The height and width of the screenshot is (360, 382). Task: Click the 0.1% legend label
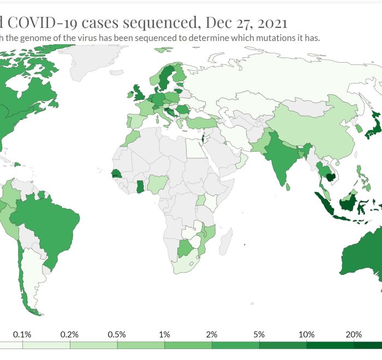[22, 334]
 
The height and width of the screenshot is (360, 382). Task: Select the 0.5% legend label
[117, 334]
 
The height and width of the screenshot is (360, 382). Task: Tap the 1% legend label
[164, 334]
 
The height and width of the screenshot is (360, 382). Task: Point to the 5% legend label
[259, 334]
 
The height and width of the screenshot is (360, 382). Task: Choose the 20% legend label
[353, 334]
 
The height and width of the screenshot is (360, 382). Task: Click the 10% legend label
[306, 334]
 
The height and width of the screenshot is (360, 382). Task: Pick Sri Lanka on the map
[288, 185]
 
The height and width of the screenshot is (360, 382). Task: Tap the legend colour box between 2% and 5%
[235, 345]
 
